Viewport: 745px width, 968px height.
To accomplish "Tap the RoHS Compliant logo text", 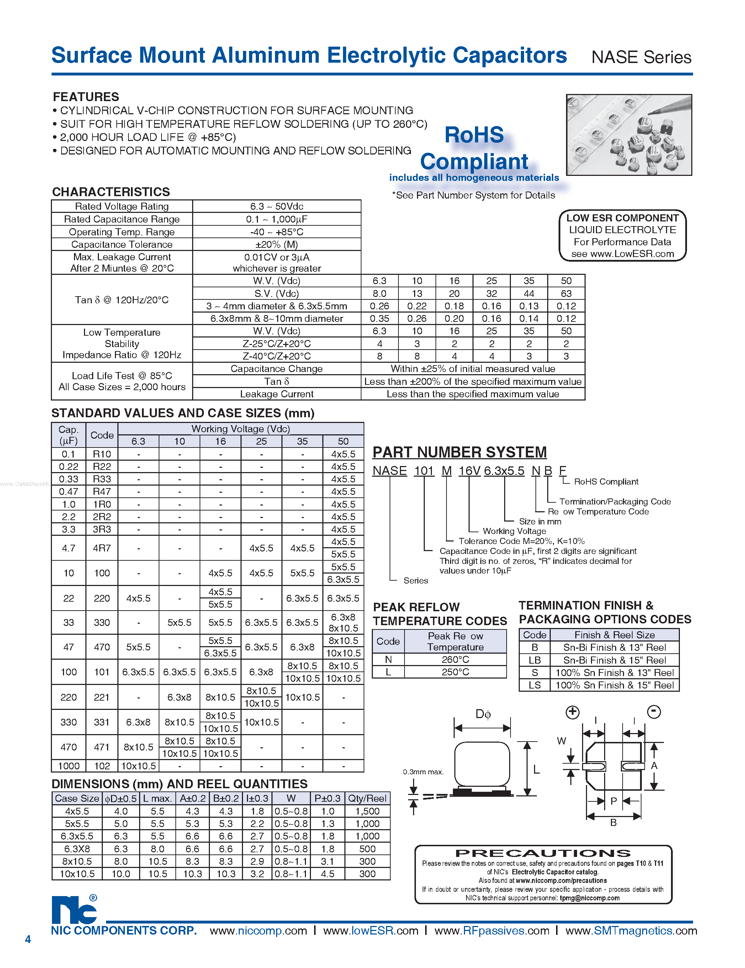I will pos(474,148).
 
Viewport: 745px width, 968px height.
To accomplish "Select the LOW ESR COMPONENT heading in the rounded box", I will pos(622,218).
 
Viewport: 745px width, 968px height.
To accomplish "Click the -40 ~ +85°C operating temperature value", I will pos(276,232).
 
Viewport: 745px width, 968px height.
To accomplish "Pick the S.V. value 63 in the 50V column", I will pos(566,293).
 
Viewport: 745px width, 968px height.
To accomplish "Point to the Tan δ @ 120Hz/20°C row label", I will pos(121,300).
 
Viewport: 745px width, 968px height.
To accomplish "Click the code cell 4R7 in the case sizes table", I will pos(101,548).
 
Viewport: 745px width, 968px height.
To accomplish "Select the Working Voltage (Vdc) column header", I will pos(241,429).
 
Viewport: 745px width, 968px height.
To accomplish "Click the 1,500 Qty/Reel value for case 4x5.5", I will pos(367,811).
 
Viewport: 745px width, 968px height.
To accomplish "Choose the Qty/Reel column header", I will pos(367,798).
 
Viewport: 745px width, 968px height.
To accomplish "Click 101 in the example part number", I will pos(423,471).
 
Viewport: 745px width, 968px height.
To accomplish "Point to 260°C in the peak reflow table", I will pos(455,660).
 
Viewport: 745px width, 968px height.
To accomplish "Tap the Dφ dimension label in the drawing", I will pos(483,714).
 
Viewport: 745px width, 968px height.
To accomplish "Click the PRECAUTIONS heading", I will pos(543,853).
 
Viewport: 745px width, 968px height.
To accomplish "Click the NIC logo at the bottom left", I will pos(74,910).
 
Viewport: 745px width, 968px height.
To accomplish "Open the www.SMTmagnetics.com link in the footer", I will pos(631,930).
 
